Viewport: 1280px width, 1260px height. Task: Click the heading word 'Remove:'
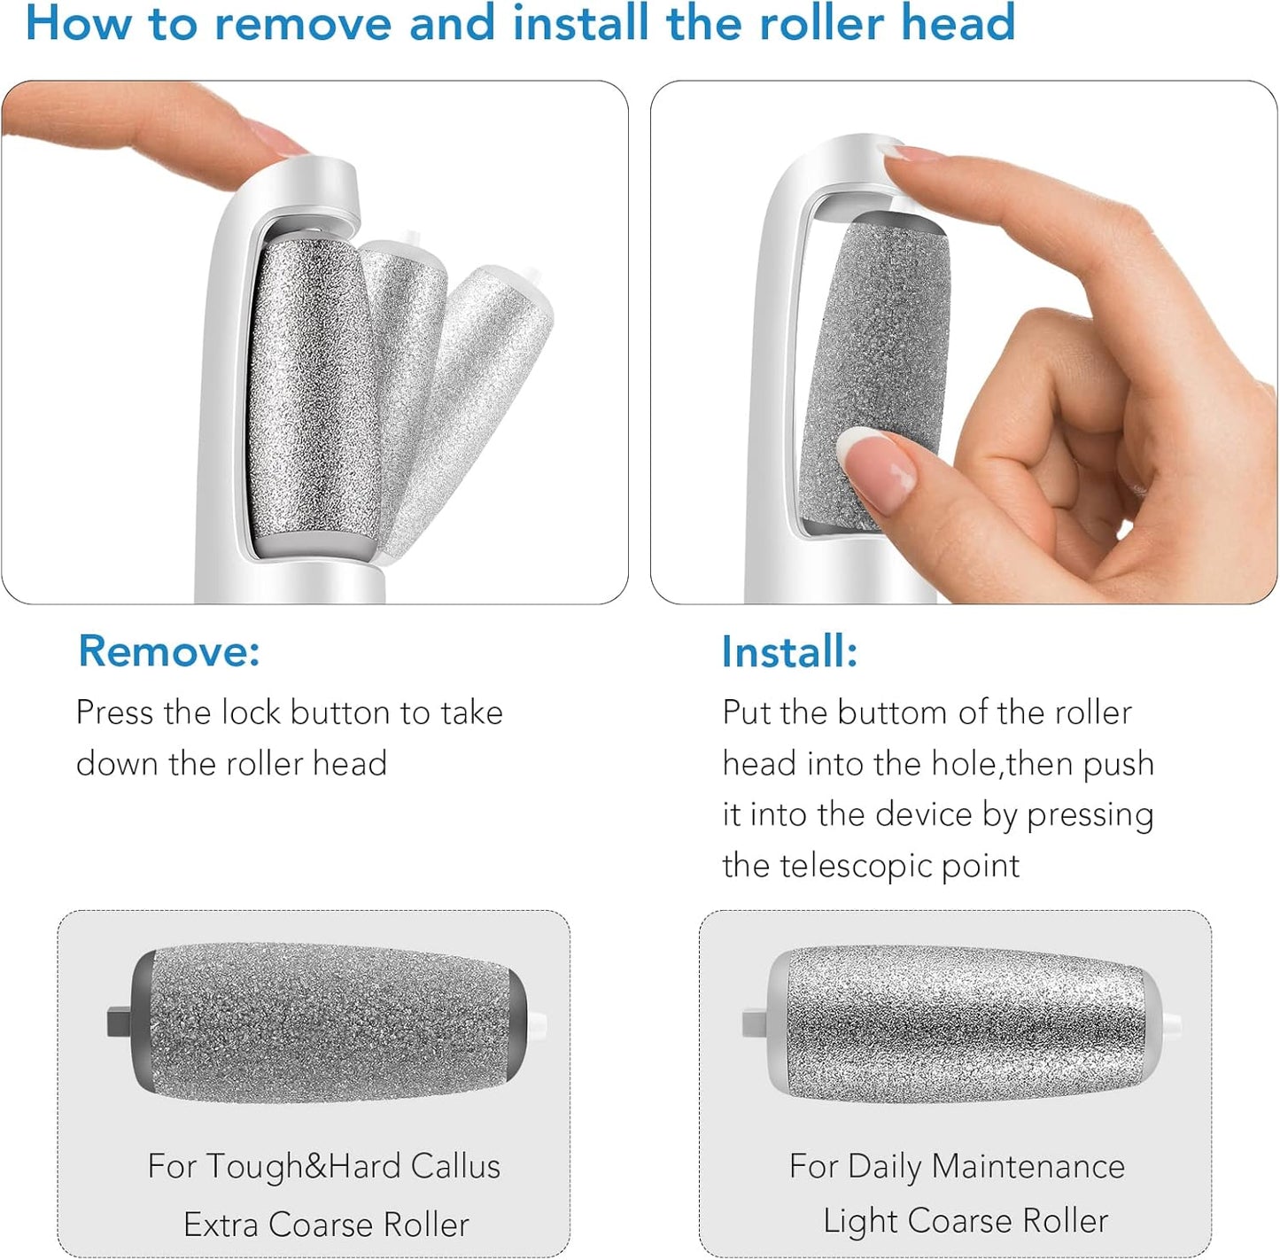coord(168,651)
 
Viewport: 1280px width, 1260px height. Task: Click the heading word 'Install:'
coord(789,652)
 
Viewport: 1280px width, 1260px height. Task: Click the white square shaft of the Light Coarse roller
coord(755,1024)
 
